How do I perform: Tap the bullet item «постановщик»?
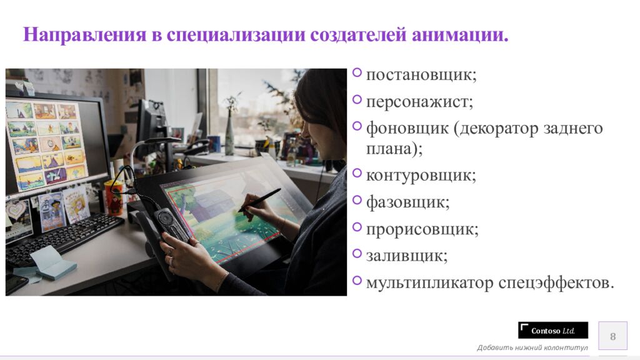pyautogui.click(x=421, y=75)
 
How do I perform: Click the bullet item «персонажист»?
pyautogui.click(x=419, y=102)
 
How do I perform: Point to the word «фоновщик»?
pyautogui.click(x=407, y=129)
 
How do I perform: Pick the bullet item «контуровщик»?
pyautogui.click(x=421, y=175)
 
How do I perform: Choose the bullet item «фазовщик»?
pyautogui.click(x=407, y=202)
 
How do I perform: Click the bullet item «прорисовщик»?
pyautogui.click(x=422, y=229)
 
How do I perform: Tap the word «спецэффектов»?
pyautogui.click(x=556, y=282)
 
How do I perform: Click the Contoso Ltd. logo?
pyautogui.click(x=553, y=331)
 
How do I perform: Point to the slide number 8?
pyautogui.click(x=612, y=337)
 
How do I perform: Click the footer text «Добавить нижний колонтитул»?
pyautogui.click(x=532, y=347)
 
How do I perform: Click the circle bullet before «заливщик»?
pyautogui.click(x=357, y=253)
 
